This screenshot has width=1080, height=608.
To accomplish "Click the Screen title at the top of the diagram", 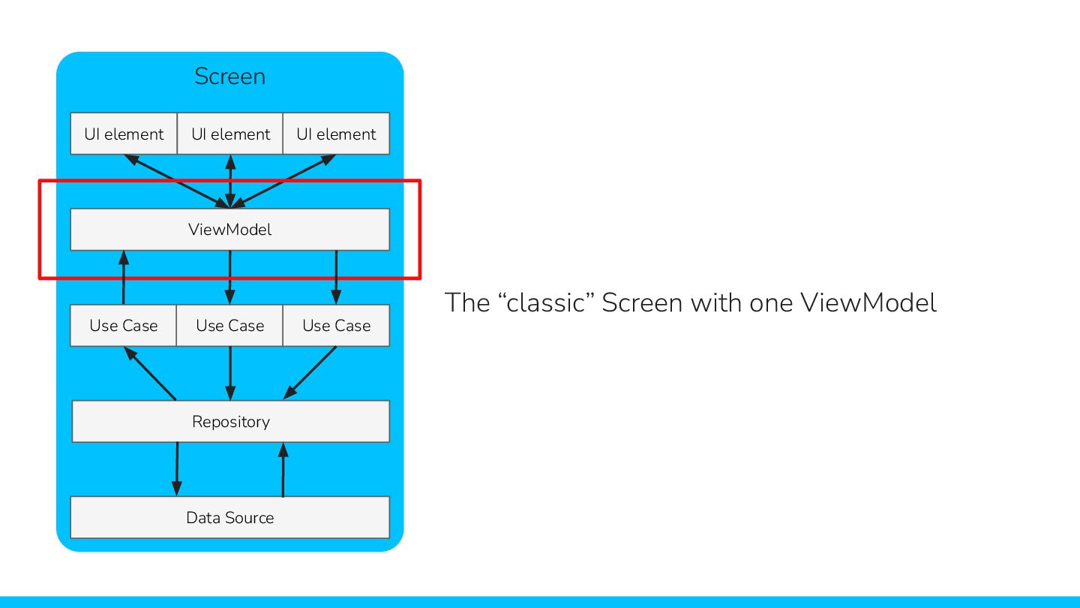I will point(229,77).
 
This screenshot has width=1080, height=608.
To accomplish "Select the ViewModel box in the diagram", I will point(229,230).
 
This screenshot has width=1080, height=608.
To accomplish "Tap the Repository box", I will point(230,422).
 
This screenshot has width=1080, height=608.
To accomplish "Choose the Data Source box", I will point(229,518).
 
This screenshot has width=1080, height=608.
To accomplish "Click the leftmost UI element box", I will point(124,134).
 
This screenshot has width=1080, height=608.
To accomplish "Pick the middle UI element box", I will point(230,134).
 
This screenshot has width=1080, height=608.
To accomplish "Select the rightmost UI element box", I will point(336,134).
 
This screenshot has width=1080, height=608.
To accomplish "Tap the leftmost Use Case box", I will point(124,326).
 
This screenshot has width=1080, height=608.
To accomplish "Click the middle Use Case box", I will point(230,326).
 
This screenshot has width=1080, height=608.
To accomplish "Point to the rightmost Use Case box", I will point(336,326).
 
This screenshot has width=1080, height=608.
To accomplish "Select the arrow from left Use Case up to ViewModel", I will point(124,278).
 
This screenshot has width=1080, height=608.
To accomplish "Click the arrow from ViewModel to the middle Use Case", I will point(230,278).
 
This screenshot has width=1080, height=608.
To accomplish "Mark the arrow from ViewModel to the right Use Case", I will point(336,278).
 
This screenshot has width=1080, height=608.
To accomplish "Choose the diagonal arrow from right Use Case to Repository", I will point(310,373).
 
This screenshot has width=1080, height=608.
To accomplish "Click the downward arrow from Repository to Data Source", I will point(177,469).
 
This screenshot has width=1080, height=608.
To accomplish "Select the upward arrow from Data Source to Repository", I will point(283,469).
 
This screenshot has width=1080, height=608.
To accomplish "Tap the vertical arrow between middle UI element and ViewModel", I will point(230,181).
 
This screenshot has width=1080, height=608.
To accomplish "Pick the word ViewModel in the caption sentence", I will point(868,303).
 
